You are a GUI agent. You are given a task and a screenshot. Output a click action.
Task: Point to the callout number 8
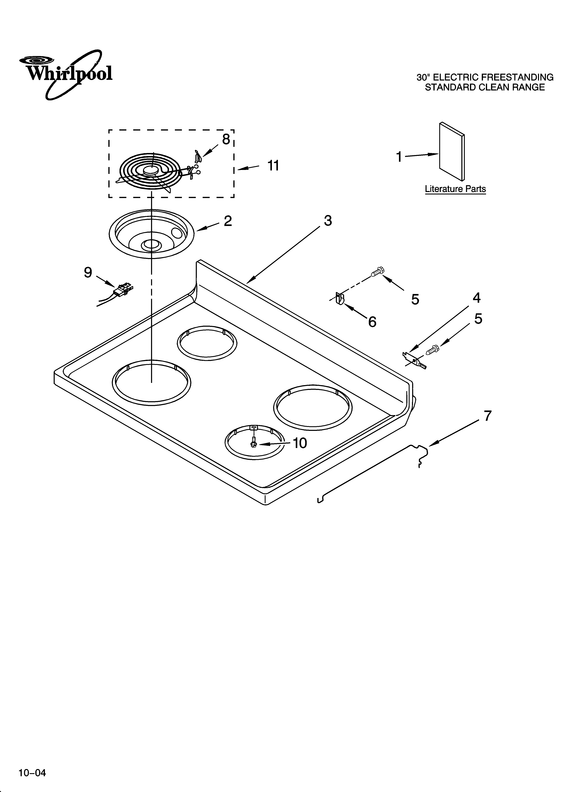click(226, 139)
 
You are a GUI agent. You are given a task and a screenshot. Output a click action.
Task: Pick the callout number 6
click(372, 322)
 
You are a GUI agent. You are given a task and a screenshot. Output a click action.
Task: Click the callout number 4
click(476, 298)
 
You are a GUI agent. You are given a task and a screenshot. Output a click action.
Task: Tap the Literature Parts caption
click(455, 189)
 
